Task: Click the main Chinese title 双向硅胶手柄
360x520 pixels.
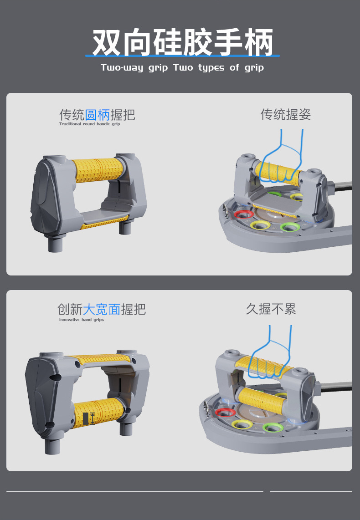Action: [183, 42]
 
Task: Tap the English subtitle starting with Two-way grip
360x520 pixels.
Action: [182, 68]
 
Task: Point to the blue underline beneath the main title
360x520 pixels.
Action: [182, 56]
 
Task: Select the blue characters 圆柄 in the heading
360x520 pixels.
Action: [98, 115]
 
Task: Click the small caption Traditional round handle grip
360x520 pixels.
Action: [89, 124]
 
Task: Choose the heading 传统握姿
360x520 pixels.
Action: [286, 114]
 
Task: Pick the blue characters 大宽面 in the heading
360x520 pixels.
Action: [102, 310]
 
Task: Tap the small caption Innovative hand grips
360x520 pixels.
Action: [81, 320]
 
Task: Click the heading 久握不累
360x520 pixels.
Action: [271, 309]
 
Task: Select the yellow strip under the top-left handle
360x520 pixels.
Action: [105, 223]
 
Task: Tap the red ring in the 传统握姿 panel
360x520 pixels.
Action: [243, 214]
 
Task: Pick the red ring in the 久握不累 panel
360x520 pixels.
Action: [225, 413]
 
